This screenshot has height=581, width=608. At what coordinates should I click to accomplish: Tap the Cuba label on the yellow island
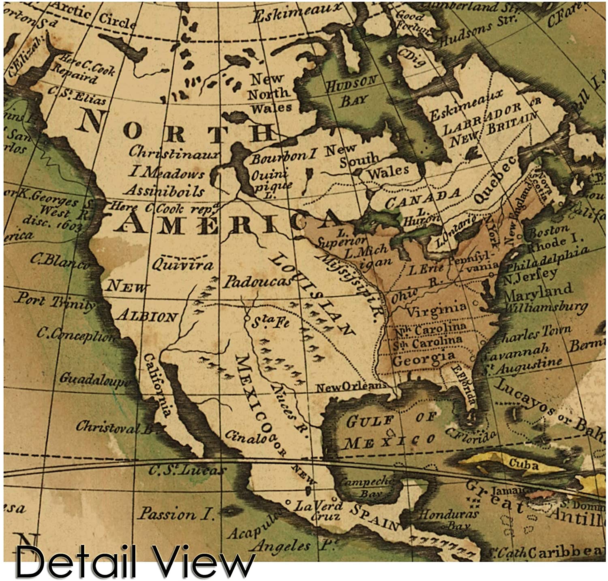[523, 464]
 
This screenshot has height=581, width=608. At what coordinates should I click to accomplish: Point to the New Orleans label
[351, 387]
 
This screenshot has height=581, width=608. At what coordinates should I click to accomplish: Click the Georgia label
[424, 358]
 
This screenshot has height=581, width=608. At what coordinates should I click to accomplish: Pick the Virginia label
[436, 310]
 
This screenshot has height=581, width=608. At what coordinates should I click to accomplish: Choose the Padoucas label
[257, 282]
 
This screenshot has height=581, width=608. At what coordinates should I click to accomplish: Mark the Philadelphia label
[547, 259]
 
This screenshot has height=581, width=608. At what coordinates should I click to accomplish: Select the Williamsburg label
[545, 308]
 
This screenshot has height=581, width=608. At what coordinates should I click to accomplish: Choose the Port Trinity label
[55, 302]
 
